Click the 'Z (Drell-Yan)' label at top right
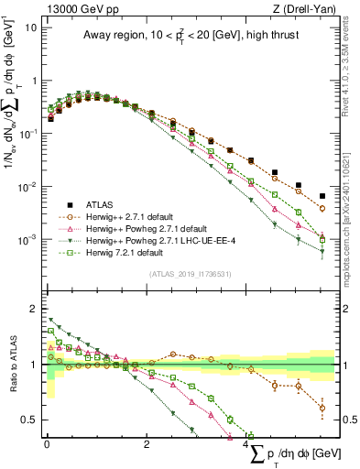click(302, 8)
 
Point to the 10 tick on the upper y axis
click(33, 27)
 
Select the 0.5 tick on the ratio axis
click(31, 420)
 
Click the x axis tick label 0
click(47, 444)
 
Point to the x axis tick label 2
click(147, 444)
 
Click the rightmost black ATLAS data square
click(322, 196)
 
